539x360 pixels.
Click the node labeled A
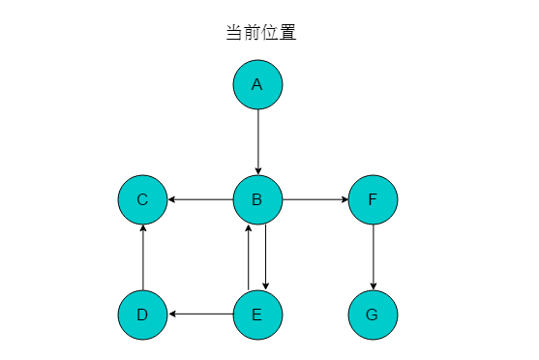pos(257,84)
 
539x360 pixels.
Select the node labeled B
pos(257,200)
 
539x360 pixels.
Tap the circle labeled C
pos(142,200)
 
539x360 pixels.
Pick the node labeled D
pos(142,315)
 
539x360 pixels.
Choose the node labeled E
pos(257,315)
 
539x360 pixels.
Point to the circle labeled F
pos(373,200)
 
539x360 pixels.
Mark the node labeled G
pos(373,315)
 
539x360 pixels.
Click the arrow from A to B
pos(257,141)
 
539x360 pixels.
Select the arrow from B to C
pos(200,200)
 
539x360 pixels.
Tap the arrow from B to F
pos(314,200)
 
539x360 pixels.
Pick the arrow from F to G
pos(373,257)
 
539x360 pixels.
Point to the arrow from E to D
pos(200,315)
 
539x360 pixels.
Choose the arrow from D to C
pos(142,257)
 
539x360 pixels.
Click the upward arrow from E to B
pos(249,257)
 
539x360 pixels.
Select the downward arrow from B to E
pos(266,257)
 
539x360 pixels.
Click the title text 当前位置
pos(260,32)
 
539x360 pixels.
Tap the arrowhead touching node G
pos(373,287)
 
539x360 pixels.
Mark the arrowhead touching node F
pos(344,200)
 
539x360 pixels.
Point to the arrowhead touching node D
pos(171,315)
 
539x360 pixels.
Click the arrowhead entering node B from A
pos(257,171)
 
